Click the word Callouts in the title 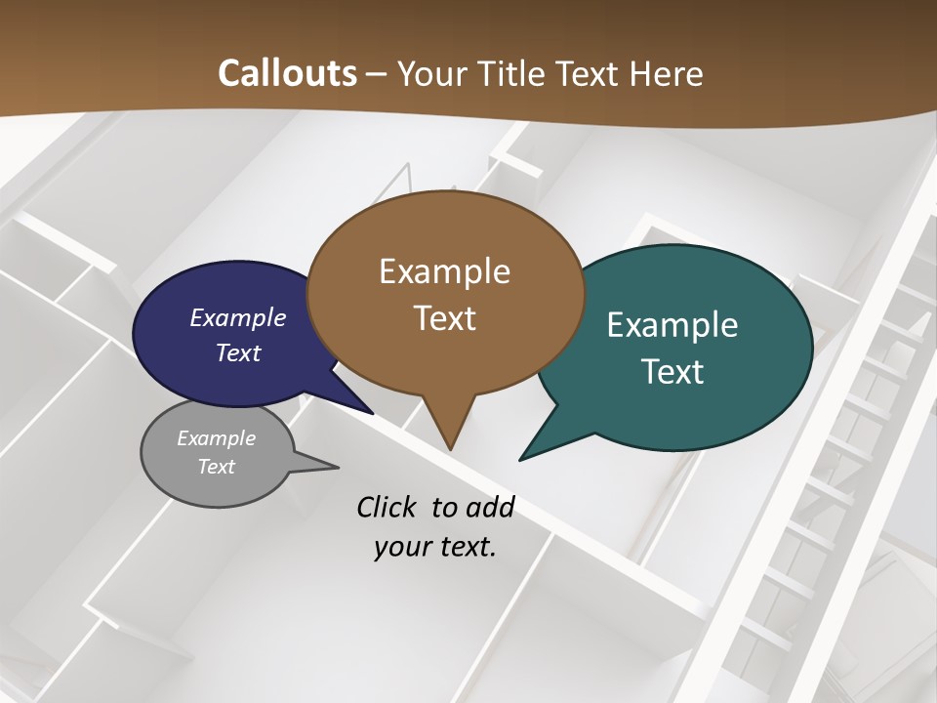point(288,73)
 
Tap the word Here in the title point(667,73)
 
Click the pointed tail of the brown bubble point(450,444)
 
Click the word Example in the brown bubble point(444,271)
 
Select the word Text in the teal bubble point(672,371)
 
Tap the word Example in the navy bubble point(238,317)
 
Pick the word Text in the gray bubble point(217,467)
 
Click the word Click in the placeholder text point(387,507)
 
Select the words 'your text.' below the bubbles point(435,547)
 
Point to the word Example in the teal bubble point(672,325)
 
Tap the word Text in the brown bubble point(445,318)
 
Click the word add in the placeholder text point(489,507)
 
